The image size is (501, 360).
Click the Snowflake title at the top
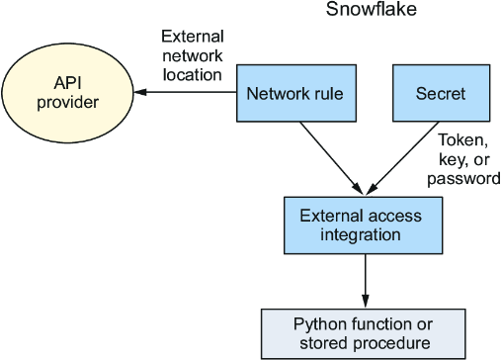point(372,9)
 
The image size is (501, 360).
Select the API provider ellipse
point(67,93)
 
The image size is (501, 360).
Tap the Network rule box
point(296,93)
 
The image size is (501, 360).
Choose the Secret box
point(441,93)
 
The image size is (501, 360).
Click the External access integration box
point(363,225)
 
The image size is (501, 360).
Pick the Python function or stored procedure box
point(364,334)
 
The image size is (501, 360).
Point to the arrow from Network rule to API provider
point(185,92)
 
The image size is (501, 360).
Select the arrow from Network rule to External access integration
point(331,158)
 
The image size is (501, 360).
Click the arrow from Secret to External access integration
point(402,158)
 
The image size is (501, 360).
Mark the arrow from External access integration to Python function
point(365,281)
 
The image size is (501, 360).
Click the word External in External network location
point(193,37)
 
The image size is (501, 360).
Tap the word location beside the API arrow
point(193,75)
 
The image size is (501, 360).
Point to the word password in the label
point(463,179)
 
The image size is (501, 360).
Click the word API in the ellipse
point(67,83)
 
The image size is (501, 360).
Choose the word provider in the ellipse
point(67,102)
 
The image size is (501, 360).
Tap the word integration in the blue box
point(361,235)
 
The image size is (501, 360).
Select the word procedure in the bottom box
point(391,343)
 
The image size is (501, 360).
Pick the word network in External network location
point(193,55)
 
